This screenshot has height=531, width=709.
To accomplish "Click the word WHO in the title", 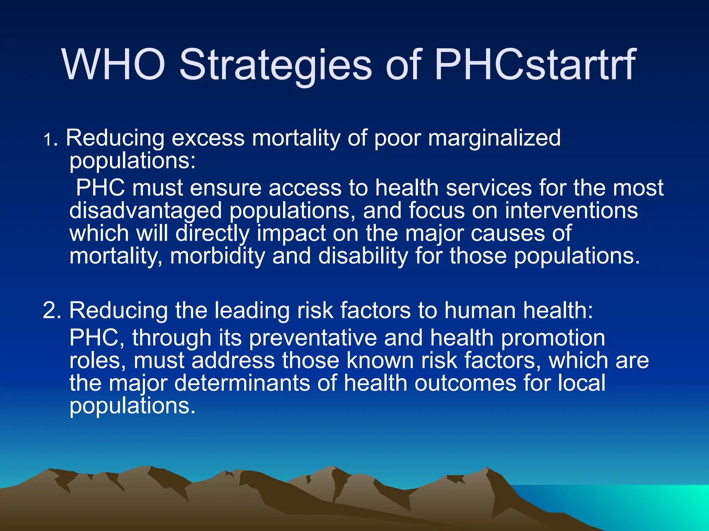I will [114, 65].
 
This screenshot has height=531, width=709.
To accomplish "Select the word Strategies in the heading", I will [275, 66].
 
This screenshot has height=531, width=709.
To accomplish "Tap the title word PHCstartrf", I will [535, 65].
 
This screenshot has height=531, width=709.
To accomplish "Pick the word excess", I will [208, 138].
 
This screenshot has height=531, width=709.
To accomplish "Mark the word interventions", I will [571, 211].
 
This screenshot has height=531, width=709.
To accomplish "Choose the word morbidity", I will [217, 257].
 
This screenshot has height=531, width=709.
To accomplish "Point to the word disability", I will [363, 257].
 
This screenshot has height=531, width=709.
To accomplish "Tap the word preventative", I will [313, 338].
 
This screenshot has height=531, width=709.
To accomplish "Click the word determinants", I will [242, 383].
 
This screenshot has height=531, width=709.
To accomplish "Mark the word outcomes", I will [465, 383].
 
